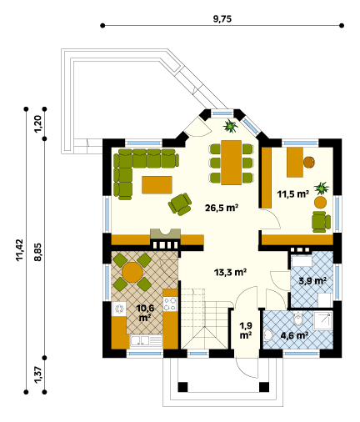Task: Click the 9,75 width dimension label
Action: (x=222, y=19)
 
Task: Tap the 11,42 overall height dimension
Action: (x=20, y=250)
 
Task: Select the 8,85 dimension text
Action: (x=37, y=252)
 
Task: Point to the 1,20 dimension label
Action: (x=37, y=123)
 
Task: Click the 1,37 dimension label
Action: (x=37, y=374)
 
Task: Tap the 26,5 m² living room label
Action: (x=222, y=208)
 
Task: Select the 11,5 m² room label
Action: (x=293, y=193)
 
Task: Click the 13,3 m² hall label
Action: (x=231, y=272)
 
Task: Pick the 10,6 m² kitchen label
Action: (x=145, y=313)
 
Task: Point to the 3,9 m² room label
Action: (x=312, y=281)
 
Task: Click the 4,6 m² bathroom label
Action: (x=294, y=335)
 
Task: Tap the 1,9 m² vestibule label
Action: (x=246, y=330)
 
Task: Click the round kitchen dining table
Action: (x=132, y=272)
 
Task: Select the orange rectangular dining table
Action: (x=231, y=163)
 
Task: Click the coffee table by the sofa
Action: (x=157, y=184)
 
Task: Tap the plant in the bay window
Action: (x=230, y=126)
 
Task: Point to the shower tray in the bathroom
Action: (x=322, y=320)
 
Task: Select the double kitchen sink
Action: (x=146, y=341)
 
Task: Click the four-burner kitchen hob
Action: (x=170, y=304)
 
